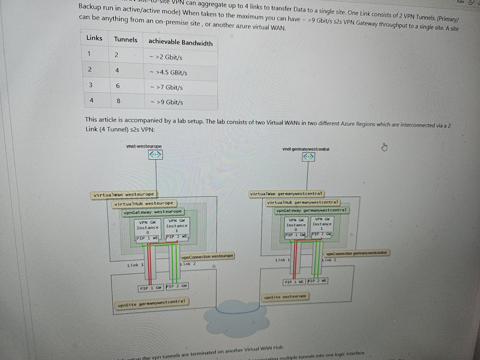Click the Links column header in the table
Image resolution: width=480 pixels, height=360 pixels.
pyautogui.click(x=94, y=38)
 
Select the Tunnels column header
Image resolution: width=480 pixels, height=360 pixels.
pyautogui.click(x=125, y=40)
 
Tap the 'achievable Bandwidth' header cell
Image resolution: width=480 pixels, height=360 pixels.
pyautogui.click(x=180, y=42)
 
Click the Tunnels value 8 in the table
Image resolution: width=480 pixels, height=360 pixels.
pyautogui.click(x=118, y=101)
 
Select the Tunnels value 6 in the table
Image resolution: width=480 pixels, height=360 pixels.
pyautogui.click(x=118, y=86)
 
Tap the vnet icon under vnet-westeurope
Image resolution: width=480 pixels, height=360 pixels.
pyautogui.click(x=155, y=154)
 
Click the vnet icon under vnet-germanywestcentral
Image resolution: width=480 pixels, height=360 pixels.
pyautogui.click(x=308, y=157)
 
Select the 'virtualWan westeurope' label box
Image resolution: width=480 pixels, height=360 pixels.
pyautogui.click(x=124, y=195)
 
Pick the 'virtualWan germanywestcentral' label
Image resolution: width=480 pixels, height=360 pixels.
pyautogui.click(x=287, y=194)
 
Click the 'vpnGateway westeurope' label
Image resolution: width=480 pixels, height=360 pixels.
pyautogui.click(x=153, y=212)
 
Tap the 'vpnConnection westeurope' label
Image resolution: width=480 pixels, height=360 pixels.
pyautogui.click(x=208, y=256)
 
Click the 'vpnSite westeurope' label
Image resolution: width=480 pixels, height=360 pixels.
pyautogui.click(x=286, y=296)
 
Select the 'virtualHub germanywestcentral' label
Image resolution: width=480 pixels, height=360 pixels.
pyautogui.click(x=302, y=202)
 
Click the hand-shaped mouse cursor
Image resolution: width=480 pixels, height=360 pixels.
pyautogui.click(x=384, y=147)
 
